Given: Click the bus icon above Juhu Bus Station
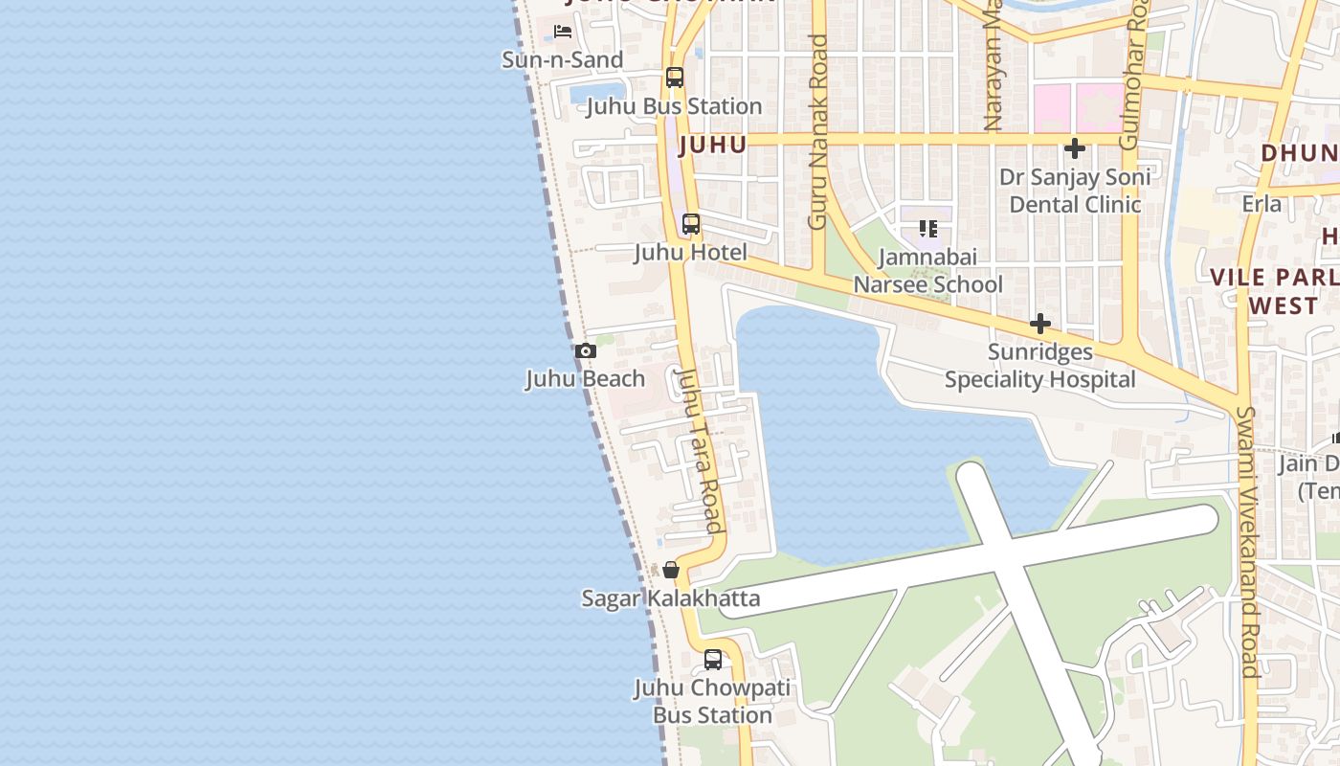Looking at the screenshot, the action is coord(675,78).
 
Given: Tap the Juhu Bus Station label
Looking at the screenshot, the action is coord(674,106).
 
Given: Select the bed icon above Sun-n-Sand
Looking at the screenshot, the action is coord(563,32).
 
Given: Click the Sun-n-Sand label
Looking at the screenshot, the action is coord(563,59).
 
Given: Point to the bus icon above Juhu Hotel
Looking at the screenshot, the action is coord(690,225).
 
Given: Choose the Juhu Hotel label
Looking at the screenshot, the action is coord(690,253).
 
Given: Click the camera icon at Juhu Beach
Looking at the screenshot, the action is coord(586,351).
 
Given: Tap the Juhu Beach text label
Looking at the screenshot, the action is coord(586,379).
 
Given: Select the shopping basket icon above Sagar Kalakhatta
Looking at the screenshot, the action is coord(671,570).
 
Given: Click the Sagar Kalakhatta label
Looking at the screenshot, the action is coord(671,599).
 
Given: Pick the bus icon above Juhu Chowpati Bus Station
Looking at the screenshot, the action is coord(713,660).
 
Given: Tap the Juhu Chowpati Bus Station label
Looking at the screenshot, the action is coord(713,702).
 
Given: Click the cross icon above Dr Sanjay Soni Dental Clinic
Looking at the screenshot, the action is coord(1075,148).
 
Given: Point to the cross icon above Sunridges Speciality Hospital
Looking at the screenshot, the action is coord(1040,325).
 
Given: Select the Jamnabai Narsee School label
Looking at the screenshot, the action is coord(927,271).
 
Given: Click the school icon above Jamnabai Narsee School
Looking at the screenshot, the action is coord(927,229).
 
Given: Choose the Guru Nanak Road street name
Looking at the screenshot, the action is coord(817,132).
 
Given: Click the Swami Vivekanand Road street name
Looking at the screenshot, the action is coord(1246,541).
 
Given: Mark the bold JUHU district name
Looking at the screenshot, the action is coord(712,146).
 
